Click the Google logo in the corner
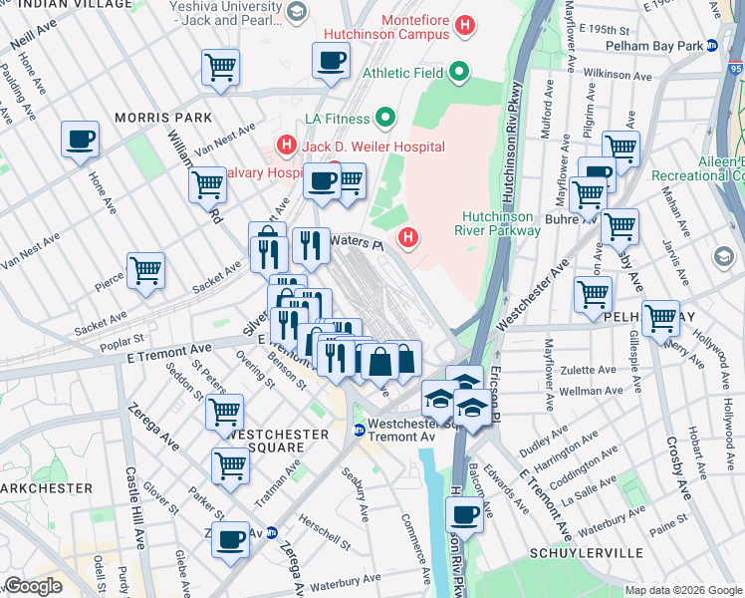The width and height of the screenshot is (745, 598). point(33,586)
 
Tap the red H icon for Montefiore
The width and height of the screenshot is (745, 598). point(463,23)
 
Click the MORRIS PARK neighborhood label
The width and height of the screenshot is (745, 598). point(162,118)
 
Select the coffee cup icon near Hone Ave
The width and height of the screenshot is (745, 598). point(80,140)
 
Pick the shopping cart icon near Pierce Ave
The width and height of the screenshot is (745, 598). point(145,269)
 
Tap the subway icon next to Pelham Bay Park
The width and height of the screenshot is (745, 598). point(712,46)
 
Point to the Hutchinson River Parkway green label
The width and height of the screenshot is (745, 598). point(501,223)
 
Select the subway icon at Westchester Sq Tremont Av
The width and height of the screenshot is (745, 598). point(359,430)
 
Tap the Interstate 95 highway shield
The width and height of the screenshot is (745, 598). point(735,70)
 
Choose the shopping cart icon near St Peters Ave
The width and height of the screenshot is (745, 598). point(225,411)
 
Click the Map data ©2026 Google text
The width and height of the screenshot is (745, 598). point(683,590)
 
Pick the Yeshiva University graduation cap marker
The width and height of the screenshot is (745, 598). point(296,11)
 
